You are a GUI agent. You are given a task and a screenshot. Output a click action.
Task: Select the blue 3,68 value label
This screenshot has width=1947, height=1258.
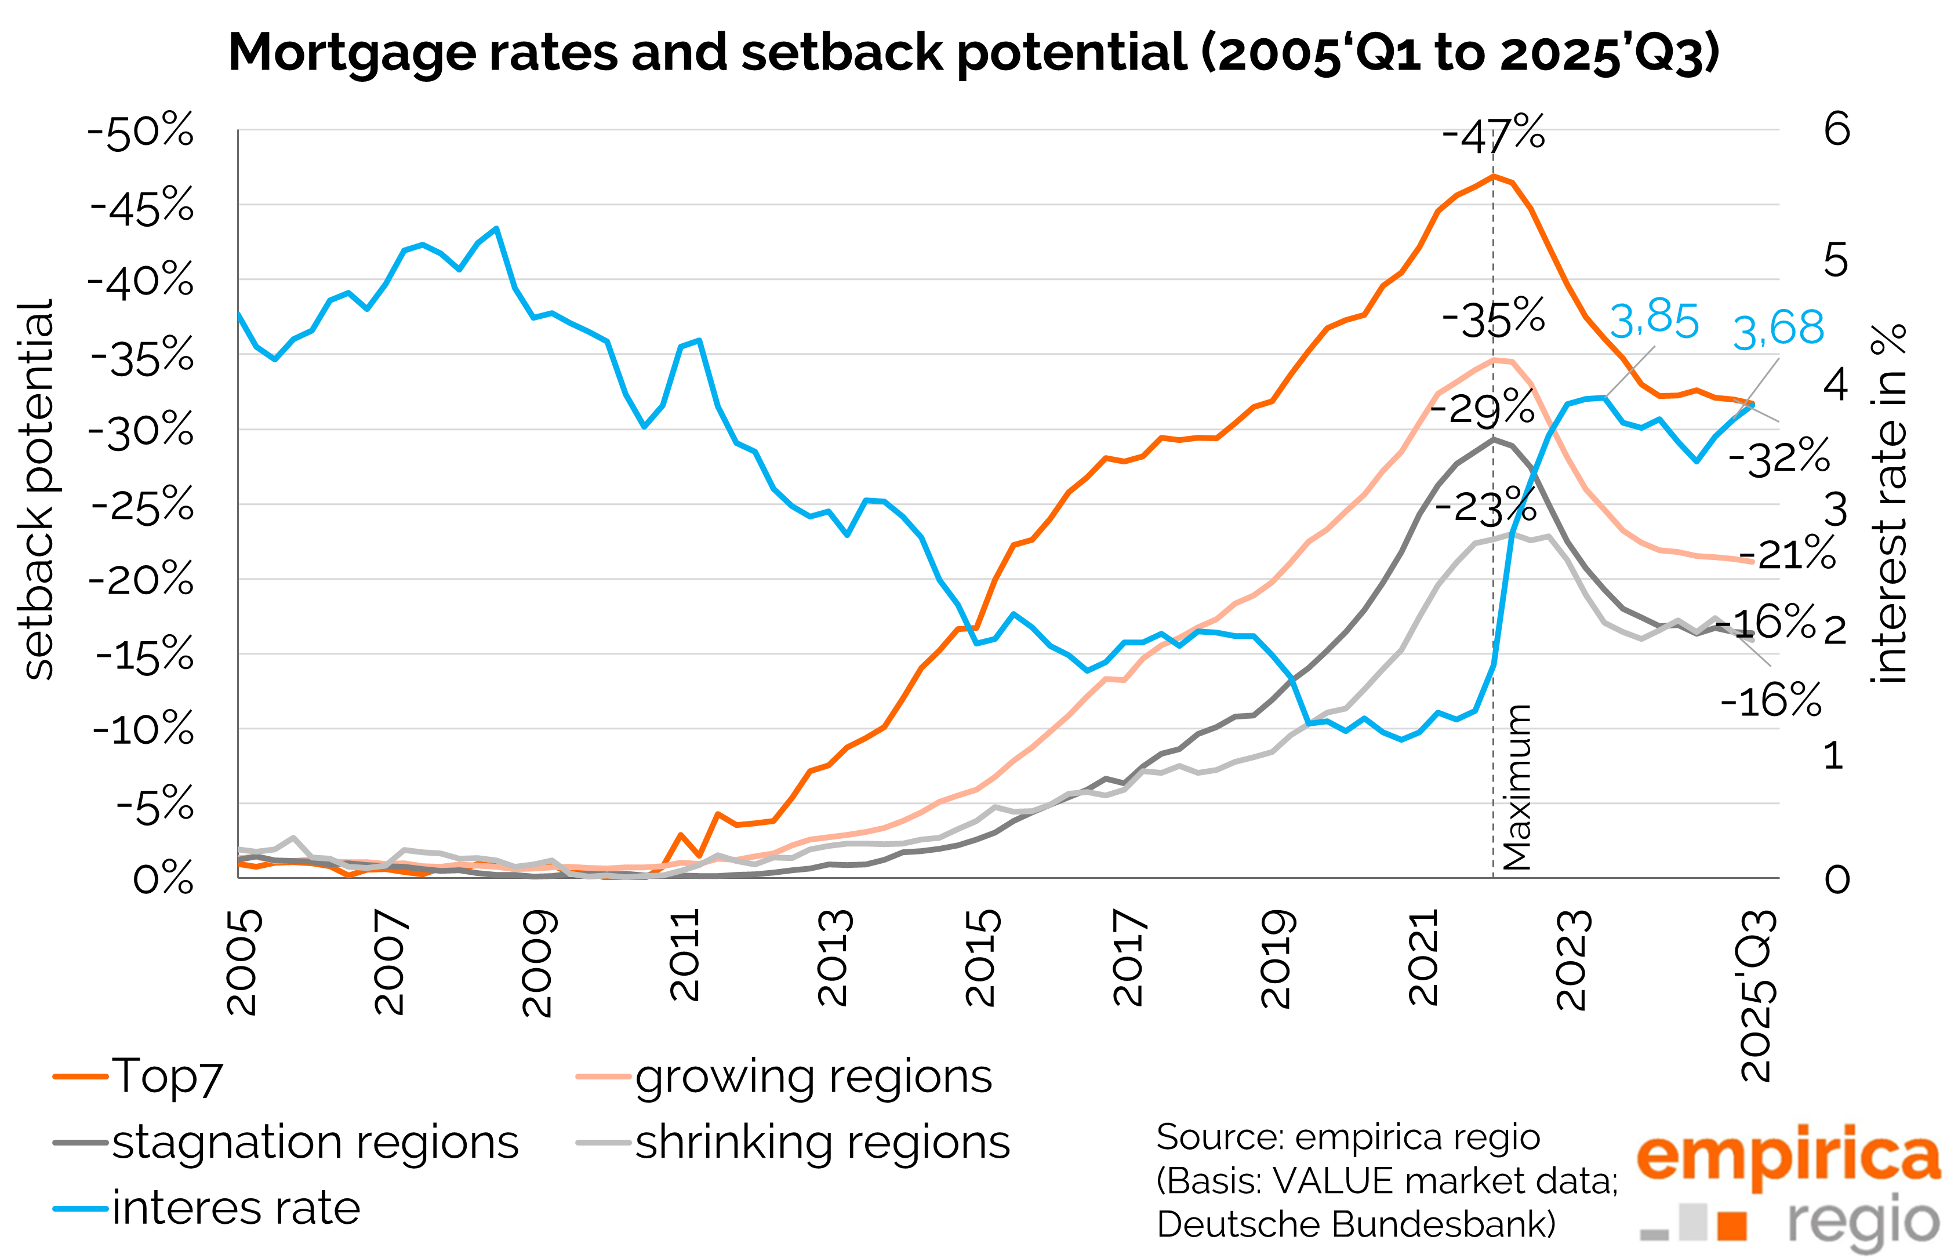tap(1778, 330)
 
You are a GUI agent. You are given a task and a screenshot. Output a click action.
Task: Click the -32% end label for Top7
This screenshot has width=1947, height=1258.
tap(1779, 458)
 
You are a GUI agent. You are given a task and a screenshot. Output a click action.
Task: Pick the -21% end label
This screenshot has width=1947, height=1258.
tap(1788, 555)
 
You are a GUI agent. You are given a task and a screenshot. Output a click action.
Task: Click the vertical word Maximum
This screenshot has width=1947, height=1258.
tap(1516, 787)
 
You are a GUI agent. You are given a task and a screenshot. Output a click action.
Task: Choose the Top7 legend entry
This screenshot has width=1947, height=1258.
tap(139, 1077)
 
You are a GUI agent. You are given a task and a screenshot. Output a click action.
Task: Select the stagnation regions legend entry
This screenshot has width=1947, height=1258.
tap(286, 1142)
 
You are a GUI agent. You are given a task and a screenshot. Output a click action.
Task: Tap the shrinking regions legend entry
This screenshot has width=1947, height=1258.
tap(793, 1142)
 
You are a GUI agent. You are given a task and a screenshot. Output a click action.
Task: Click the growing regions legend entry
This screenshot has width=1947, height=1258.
tap(784, 1077)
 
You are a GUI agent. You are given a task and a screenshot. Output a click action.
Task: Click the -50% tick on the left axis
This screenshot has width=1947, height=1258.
tap(140, 132)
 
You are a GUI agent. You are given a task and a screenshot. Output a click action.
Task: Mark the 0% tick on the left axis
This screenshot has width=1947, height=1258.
tap(164, 880)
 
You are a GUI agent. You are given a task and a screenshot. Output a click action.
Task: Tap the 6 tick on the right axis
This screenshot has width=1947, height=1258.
tap(1837, 129)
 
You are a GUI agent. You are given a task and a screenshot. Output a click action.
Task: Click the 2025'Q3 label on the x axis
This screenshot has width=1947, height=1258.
tap(1757, 994)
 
